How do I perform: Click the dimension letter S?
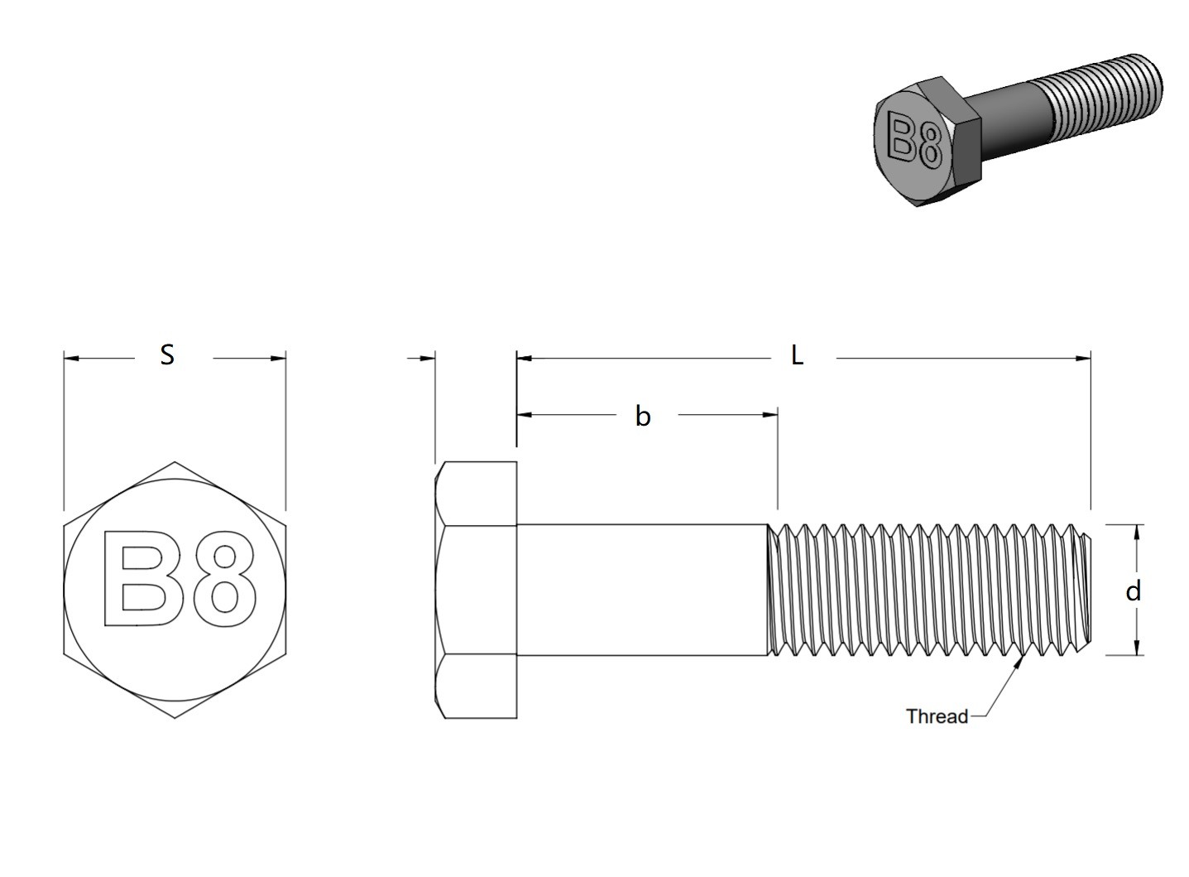(x=167, y=354)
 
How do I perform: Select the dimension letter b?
(x=642, y=416)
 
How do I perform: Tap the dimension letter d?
(x=1134, y=590)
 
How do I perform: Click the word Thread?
(x=937, y=716)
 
